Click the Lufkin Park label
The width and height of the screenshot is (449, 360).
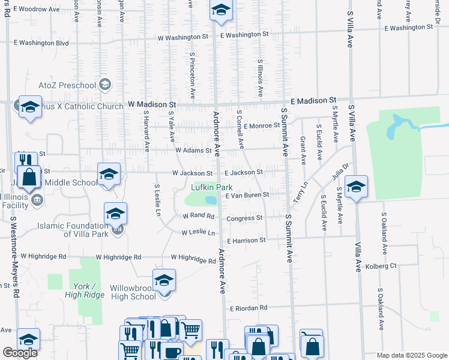[211, 187]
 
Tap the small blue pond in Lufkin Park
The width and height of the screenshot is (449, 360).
[211, 199]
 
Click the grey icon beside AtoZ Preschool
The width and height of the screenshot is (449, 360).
[106, 83]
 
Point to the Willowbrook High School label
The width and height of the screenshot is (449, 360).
[133, 292]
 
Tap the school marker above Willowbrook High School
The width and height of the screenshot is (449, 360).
[164, 280]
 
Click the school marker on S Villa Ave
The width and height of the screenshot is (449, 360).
[356, 187]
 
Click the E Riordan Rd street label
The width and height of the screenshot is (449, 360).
[249, 308]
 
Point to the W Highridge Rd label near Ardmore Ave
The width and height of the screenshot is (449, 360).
[193, 260]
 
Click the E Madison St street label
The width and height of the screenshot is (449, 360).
[313, 100]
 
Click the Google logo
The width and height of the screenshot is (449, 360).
[20, 353]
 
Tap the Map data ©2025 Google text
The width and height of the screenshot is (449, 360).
[411, 355]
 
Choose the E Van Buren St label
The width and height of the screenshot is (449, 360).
[247, 196]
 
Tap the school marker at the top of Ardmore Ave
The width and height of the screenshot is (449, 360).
[221, 11]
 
